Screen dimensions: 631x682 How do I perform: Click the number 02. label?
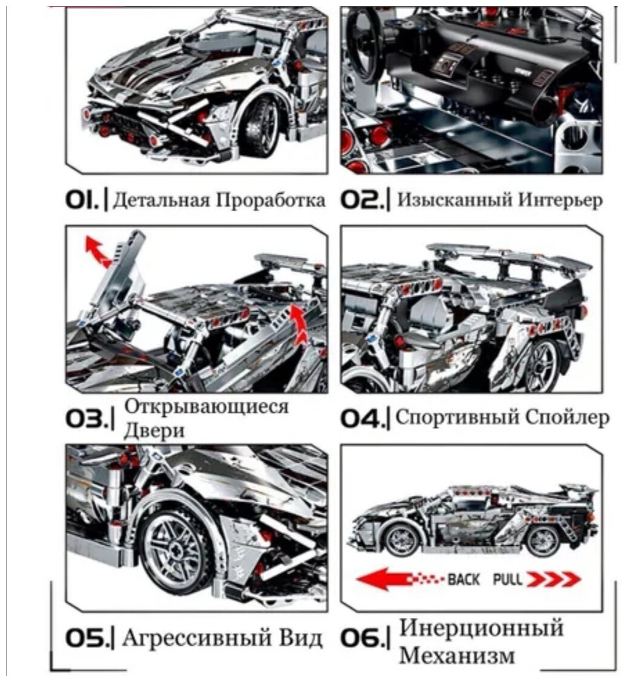[361, 200]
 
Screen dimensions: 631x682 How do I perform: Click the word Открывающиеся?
[206, 407]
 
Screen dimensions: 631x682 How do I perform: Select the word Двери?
[154, 430]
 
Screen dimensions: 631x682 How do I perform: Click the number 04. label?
[361, 418]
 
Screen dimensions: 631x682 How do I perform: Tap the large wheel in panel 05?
[175, 548]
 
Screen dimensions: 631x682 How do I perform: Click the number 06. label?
[361, 638]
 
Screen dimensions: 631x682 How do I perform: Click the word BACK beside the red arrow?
[464, 580]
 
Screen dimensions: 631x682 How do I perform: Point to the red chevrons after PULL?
[553, 580]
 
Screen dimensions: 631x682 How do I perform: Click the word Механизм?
[457, 656]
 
